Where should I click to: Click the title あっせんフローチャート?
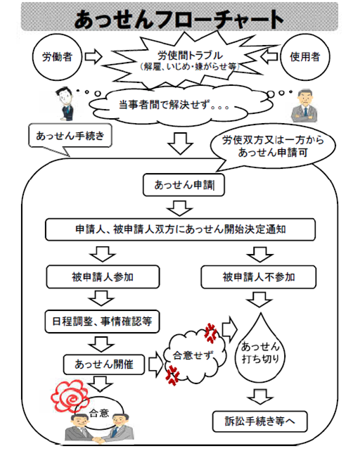coord(179,20)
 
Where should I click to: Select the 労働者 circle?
coord(57,57)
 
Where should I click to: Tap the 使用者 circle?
coord(304,57)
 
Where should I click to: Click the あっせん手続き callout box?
coord(70,136)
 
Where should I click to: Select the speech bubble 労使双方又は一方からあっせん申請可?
coord(273,146)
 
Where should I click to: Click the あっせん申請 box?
coord(184,185)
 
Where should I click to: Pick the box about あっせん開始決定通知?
coord(180,229)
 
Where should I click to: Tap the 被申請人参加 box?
coord(103,277)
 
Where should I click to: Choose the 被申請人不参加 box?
coord(259,277)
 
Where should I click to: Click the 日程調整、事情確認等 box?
coord(102,322)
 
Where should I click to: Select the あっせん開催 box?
coord(104,364)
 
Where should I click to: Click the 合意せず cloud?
coord(194,356)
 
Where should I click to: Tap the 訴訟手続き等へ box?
coord(260,421)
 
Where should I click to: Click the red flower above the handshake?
coord(70,395)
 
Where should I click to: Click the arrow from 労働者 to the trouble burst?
coord(94,57)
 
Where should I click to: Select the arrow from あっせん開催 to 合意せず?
coord(155,364)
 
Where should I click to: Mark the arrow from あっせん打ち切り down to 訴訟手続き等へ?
coord(260,397)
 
